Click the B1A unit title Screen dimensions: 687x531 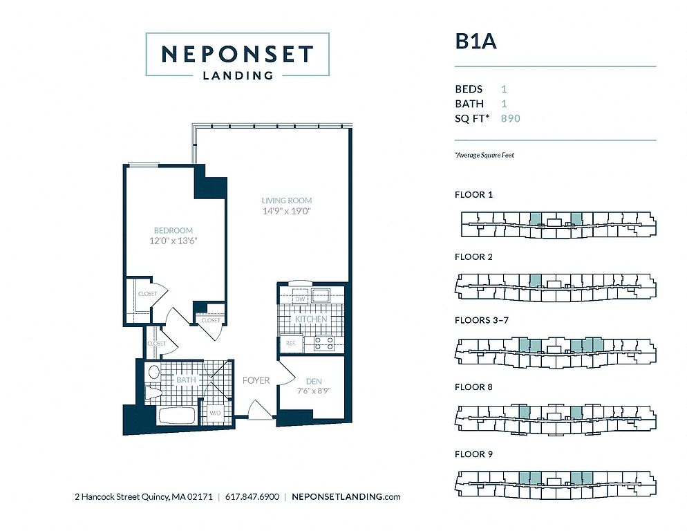pyautogui.click(x=476, y=41)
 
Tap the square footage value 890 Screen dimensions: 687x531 pyautogui.click(x=511, y=118)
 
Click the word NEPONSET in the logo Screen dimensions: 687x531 pyautogui.click(x=237, y=54)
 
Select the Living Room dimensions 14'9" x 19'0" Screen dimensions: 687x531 pyautogui.click(x=287, y=211)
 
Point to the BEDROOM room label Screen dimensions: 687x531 pyautogui.click(x=173, y=230)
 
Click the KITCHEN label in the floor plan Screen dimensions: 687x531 pyautogui.click(x=310, y=319)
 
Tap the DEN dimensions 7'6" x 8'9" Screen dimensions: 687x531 pyautogui.click(x=313, y=391)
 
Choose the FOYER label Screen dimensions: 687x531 pyautogui.click(x=256, y=380)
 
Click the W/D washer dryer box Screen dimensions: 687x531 pyautogui.click(x=214, y=413)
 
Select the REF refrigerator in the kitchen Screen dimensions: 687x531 pyautogui.click(x=290, y=344)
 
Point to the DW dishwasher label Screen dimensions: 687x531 pyautogui.click(x=300, y=299)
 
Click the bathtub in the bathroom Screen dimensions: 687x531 pyautogui.click(x=176, y=416)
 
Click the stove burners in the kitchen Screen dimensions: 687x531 pyautogui.click(x=323, y=343)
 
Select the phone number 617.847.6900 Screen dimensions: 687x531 pyautogui.click(x=252, y=497)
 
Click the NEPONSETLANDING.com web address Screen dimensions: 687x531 pyautogui.click(x=346, y=497)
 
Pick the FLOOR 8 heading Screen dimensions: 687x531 pyautogui.click(x=473, y=386)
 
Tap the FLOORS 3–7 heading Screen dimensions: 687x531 pyautogui.click(x=482, y=320)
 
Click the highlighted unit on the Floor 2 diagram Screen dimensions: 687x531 pyautogui.click(x=535, y=280)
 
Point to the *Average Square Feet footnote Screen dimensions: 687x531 pyautogui.click(x=484, y=155)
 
